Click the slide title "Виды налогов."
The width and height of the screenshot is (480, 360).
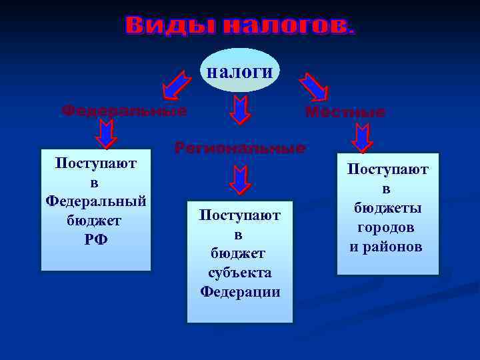coord(240,27)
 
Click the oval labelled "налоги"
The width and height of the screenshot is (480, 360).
coord(239,71)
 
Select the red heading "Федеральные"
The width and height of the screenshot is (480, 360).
coord(124,110)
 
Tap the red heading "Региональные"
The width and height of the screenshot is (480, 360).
coord(240,148)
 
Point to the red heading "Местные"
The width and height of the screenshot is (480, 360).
coord(345,112)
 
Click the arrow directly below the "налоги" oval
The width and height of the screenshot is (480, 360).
coord(240,109)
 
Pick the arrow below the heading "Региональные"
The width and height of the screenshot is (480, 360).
coord(239,179)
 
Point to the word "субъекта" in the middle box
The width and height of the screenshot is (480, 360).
coord(239,273)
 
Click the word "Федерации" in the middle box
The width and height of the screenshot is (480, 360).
coord(240,292)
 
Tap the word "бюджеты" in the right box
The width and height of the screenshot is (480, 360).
coord(387,208)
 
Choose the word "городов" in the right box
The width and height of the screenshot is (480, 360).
coord(387,227)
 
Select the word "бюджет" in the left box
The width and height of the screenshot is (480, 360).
coord(96,220)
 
